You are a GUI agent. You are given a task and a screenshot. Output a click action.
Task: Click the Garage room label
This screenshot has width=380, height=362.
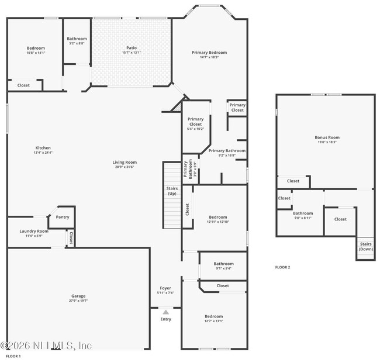click(x=78, y=296)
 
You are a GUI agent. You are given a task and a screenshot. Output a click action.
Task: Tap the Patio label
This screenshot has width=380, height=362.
click(x=132, y=48)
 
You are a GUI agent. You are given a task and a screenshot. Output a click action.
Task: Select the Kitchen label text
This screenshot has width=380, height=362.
click(x=43, y=148)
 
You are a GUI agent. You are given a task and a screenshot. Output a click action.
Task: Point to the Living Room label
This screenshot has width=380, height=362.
click(x=124, y=162)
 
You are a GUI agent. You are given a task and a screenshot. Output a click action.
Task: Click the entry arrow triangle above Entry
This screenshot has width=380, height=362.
click(x=165, y=312)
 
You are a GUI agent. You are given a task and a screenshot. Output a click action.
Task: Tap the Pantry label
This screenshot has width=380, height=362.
click(x=62, y=217)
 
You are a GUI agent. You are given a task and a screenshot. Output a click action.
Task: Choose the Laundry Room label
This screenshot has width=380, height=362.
click(x=34, y=231)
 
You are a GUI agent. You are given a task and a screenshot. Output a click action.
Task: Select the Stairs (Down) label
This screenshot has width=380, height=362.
click(x=366, y=246)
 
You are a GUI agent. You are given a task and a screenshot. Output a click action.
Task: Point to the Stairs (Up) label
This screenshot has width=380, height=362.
click(x=172, y=191)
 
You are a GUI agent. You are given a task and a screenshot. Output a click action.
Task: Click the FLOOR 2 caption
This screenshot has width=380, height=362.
click(x=282, y=267)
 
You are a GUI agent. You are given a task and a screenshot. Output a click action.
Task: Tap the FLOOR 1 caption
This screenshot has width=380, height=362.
click(x=13, y=356)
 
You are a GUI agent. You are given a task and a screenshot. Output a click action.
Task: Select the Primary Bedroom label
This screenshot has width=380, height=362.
click(x=209, y=52)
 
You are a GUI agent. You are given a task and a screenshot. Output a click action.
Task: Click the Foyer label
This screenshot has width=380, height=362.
click(x=165, y=288)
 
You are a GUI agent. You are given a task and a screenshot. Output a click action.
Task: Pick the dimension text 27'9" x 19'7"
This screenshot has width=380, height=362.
click(x=78, y=301)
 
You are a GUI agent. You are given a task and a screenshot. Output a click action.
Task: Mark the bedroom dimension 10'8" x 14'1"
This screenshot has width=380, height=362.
click(x=36, y=53)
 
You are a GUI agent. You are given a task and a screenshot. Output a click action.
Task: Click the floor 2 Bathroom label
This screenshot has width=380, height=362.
click(x=303, y=213)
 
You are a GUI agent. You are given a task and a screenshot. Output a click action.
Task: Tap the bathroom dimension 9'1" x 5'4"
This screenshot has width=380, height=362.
click(x=223, y=268)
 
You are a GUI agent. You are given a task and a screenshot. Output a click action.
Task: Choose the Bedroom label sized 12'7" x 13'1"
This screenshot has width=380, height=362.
click(x=213, y=316)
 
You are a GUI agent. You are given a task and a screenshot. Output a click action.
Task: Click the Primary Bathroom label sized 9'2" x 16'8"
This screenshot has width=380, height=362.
click(x=227, y=150)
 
